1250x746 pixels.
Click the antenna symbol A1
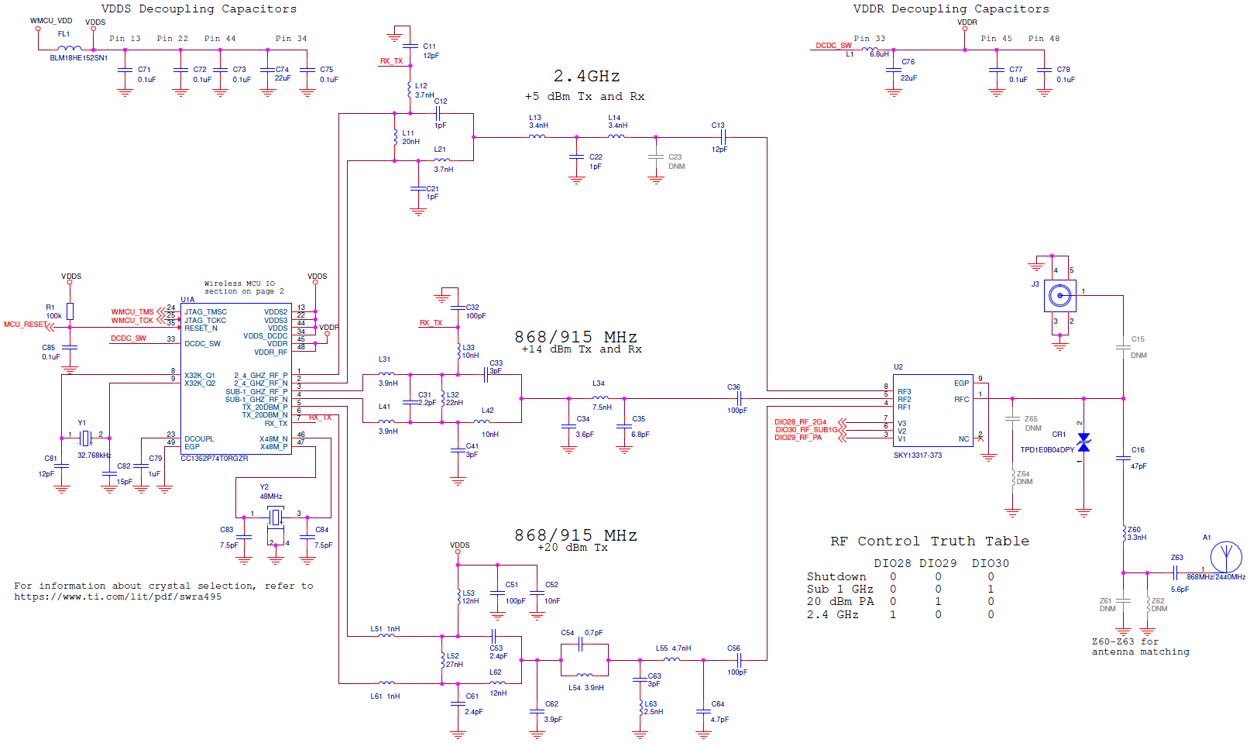click(1226, 557)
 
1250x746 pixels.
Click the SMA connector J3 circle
click(1059, 295)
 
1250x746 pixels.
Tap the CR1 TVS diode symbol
click(1083, 442)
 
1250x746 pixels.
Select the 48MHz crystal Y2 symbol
click(276, 516)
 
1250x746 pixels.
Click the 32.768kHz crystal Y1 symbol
click(85, 438)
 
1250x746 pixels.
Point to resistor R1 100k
click(70, 311)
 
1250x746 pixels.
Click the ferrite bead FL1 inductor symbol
click(69, 49)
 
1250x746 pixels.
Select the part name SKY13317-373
click(917, 456)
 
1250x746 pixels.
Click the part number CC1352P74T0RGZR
click(215, 459)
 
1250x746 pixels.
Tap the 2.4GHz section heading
click(586, 77)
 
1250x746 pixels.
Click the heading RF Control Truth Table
click(929, 541)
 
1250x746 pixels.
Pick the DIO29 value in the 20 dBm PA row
click(938, 602)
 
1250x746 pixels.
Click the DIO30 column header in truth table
click(990, 563)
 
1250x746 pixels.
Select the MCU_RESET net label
click(24, 325)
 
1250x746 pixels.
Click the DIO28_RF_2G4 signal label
click(800, 422)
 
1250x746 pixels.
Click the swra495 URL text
click(118, 597)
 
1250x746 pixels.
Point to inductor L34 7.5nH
click(600, 398)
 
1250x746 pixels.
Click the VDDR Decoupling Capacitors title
click(951, 9)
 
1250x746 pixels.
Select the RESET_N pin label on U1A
click(201, 328)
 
